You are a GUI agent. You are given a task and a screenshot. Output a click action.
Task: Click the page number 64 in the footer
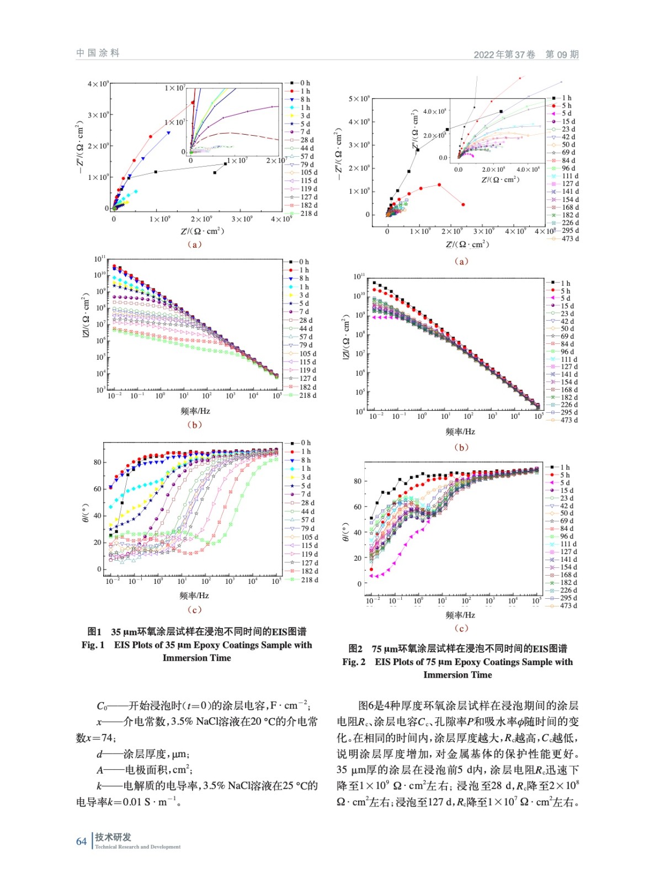[81, 841]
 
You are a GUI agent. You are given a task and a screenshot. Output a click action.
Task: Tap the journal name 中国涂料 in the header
[98, 53]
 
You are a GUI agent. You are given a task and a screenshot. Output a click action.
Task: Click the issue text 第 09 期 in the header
[562, 54]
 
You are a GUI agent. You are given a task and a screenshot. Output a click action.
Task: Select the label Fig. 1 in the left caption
[93, 645]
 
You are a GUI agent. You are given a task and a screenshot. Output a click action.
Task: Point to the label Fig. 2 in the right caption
[354, 662]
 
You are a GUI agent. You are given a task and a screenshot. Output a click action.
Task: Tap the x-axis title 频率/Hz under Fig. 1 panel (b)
[195, 411]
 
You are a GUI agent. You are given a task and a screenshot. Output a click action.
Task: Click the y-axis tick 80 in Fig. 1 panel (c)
[97, 462]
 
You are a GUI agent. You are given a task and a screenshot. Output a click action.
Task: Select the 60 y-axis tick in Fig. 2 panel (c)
[357, 507]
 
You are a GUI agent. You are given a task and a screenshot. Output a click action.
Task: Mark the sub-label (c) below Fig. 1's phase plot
[194, 609]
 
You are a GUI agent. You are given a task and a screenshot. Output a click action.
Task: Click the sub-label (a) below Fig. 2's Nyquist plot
[461, 261]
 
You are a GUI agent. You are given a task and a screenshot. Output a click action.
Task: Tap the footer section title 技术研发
[113, 837]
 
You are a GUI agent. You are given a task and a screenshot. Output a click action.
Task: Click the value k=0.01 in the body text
[132, 802]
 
